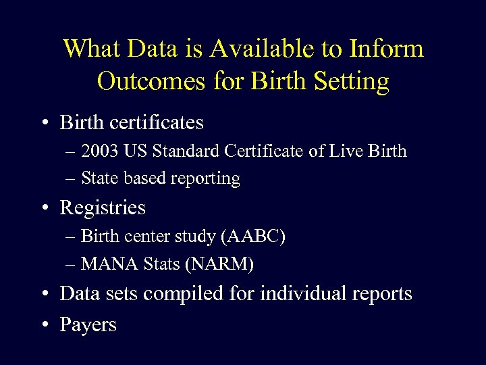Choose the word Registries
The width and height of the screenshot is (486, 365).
(x=103, y=208)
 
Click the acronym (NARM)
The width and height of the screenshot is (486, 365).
(x=219, y=264)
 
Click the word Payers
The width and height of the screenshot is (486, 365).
(x=88, y=324)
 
